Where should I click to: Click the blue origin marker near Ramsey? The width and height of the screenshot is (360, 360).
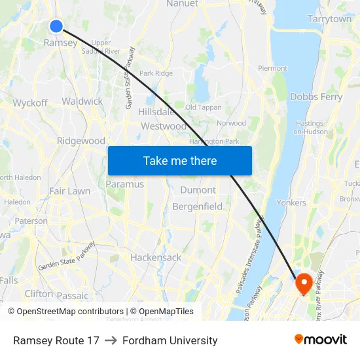point(56,26)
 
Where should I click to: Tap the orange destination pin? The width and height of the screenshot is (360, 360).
point(304,283)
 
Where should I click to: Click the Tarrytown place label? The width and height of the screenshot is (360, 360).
point(329,19)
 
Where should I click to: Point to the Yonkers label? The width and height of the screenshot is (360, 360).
point(291,202)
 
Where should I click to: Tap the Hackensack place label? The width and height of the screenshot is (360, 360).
point(156,257)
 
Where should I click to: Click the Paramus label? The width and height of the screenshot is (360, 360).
point(124,184)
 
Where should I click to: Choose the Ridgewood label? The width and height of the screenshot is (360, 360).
point(81,141)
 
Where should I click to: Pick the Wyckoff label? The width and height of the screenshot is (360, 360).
point(30,103)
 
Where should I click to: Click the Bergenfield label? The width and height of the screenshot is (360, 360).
point(198,206)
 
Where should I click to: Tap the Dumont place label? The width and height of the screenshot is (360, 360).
point(198,190)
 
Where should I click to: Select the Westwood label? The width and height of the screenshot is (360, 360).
point(164,126)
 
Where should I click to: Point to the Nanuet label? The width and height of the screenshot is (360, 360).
point(182,3)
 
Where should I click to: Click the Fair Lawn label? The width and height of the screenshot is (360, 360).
point(69,191)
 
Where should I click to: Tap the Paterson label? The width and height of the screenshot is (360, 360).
point(31,221)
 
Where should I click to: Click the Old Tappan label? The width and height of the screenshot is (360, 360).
point(204,107)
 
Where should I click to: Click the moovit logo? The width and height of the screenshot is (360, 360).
point(321,340)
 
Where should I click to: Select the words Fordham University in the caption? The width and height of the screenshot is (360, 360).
point(170,340)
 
